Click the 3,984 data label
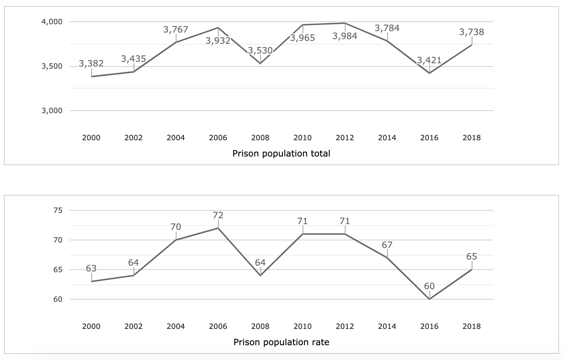click(345, 36)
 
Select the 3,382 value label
click(91, 64)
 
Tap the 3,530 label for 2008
click(260, 51)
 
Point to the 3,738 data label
click(472, 32)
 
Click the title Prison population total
click(281, 154)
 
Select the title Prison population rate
click(281, 342)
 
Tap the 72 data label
click(218, 215)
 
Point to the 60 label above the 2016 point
click(429, 286)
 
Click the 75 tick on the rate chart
click(58, 210)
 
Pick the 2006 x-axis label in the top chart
click(218, 138)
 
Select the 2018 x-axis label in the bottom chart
click(472, 326)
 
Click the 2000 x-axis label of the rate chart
click(91, 326)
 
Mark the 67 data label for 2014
click(387, 245)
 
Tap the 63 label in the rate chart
click(91, 269)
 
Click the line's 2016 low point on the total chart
click(429, 73)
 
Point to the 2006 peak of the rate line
click(218, 228)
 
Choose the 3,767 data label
click(176, 30)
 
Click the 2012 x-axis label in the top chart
click(345, 138)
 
